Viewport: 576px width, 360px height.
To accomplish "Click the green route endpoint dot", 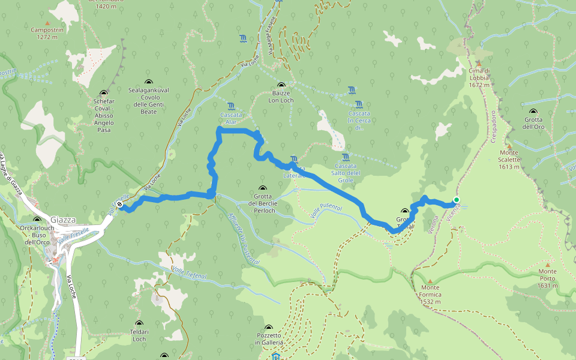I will (457, 200).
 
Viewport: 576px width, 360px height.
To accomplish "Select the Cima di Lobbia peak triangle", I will (479, 63).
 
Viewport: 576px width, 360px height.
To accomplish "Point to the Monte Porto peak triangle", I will (547, 265).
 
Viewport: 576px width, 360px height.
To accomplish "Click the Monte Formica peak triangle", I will (431, 281).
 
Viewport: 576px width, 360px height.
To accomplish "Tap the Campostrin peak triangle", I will (47, 23).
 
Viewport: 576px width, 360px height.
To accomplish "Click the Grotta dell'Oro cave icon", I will (533, 112).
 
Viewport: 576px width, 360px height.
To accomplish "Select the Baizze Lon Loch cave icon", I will (281, 86).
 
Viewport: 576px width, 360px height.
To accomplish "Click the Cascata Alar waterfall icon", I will (231, 106).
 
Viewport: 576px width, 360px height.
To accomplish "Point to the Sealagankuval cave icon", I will (148, 83).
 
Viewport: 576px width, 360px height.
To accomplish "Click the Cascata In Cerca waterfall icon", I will (351, 91).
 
